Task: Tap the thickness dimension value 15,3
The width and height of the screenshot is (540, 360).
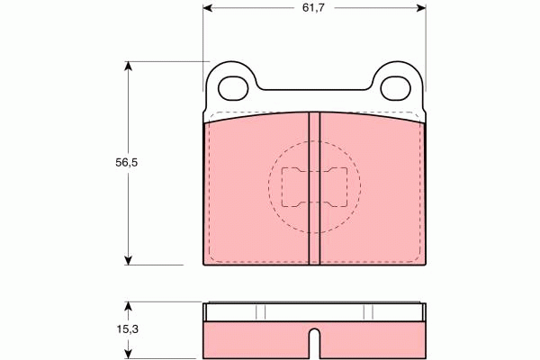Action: coord(127,330)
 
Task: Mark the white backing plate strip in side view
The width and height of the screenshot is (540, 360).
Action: coord(315,312)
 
